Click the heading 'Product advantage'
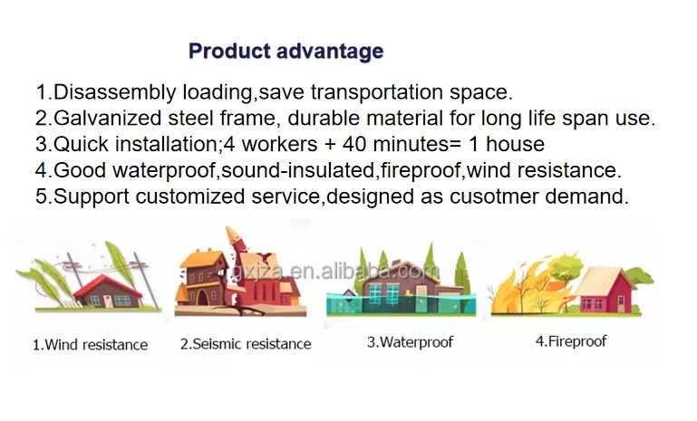(286, 52)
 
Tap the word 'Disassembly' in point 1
(115, 93)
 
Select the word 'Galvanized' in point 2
(107, 119)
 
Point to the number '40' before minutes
(353, 144)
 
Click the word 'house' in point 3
(515, 144)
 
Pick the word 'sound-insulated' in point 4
(298, 170)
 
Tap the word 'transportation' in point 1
(376, 93)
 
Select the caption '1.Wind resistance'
(91, 345)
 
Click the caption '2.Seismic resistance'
(246, 344)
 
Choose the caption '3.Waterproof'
(410, 342)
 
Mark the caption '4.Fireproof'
(571, 341)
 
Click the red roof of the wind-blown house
(108, 285)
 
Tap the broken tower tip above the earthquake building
(232, 234)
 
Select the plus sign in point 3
(330, 145)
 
